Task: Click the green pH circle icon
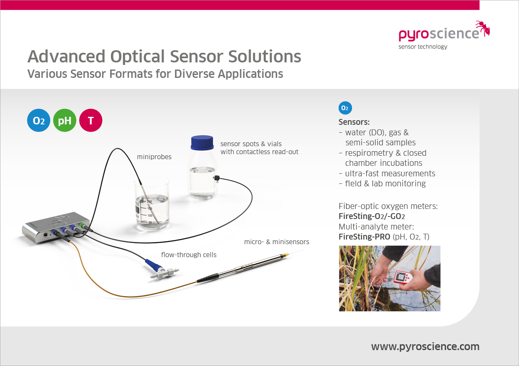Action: (x=64, y=120)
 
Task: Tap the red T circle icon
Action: (x=90, y=120)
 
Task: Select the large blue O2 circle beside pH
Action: (x=39, y=120)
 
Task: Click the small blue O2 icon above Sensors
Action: (x=345, y=108)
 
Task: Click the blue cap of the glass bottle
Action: (x=202, y=142)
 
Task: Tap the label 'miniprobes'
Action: (x=154, y=157)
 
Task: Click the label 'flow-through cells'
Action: (x=189, y=255)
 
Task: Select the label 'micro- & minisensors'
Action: (x=277, y=242)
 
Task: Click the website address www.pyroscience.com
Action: (x=425, y=347)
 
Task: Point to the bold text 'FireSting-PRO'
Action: (x=365, y=237)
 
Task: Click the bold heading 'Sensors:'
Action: (x=354, y=122)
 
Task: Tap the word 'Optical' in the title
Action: (x=137, y=57)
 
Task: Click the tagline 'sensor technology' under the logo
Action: (x=423, y=46)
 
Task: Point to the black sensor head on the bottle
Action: (x=217, y=178)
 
